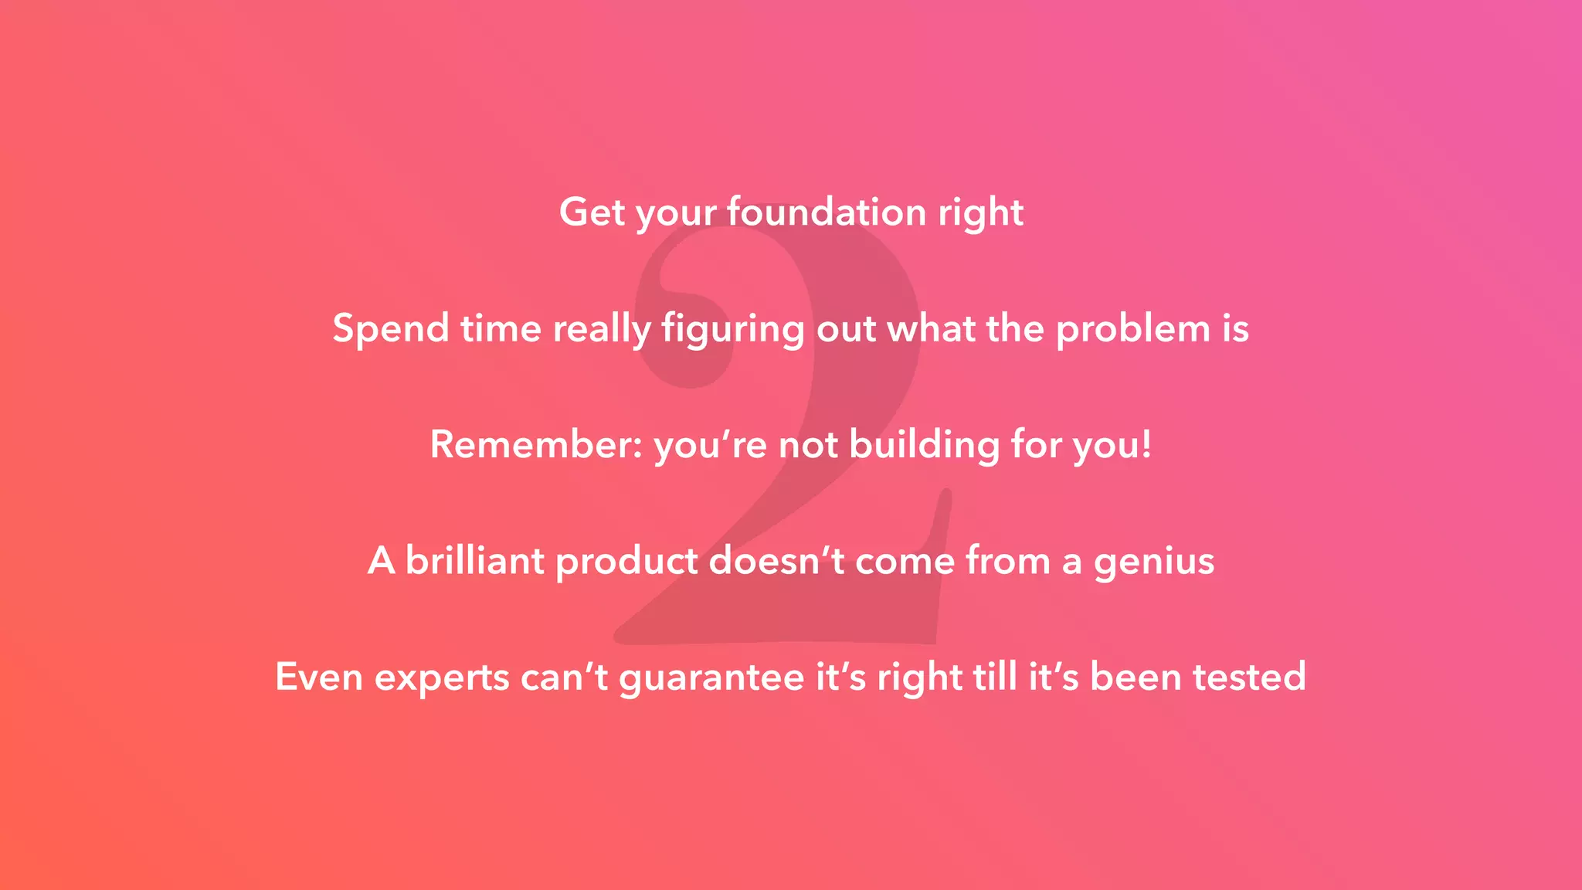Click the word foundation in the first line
[x=826, y=212]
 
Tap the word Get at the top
[x=592, y=212]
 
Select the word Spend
[x=391, y=328]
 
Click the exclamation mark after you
[x=1146, y=444]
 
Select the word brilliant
[x=474, y=561]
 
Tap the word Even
[x=319, y=677]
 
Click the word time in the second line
[x=501, y=328]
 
